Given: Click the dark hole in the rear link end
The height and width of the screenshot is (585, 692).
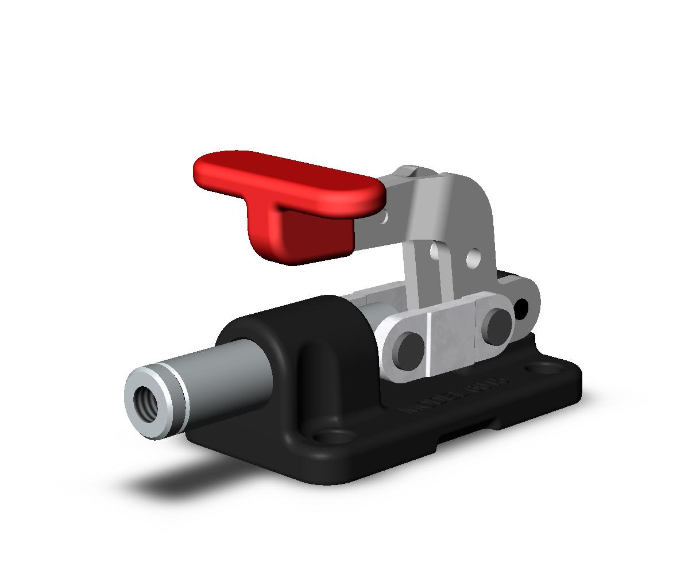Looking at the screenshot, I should [522, 309].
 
